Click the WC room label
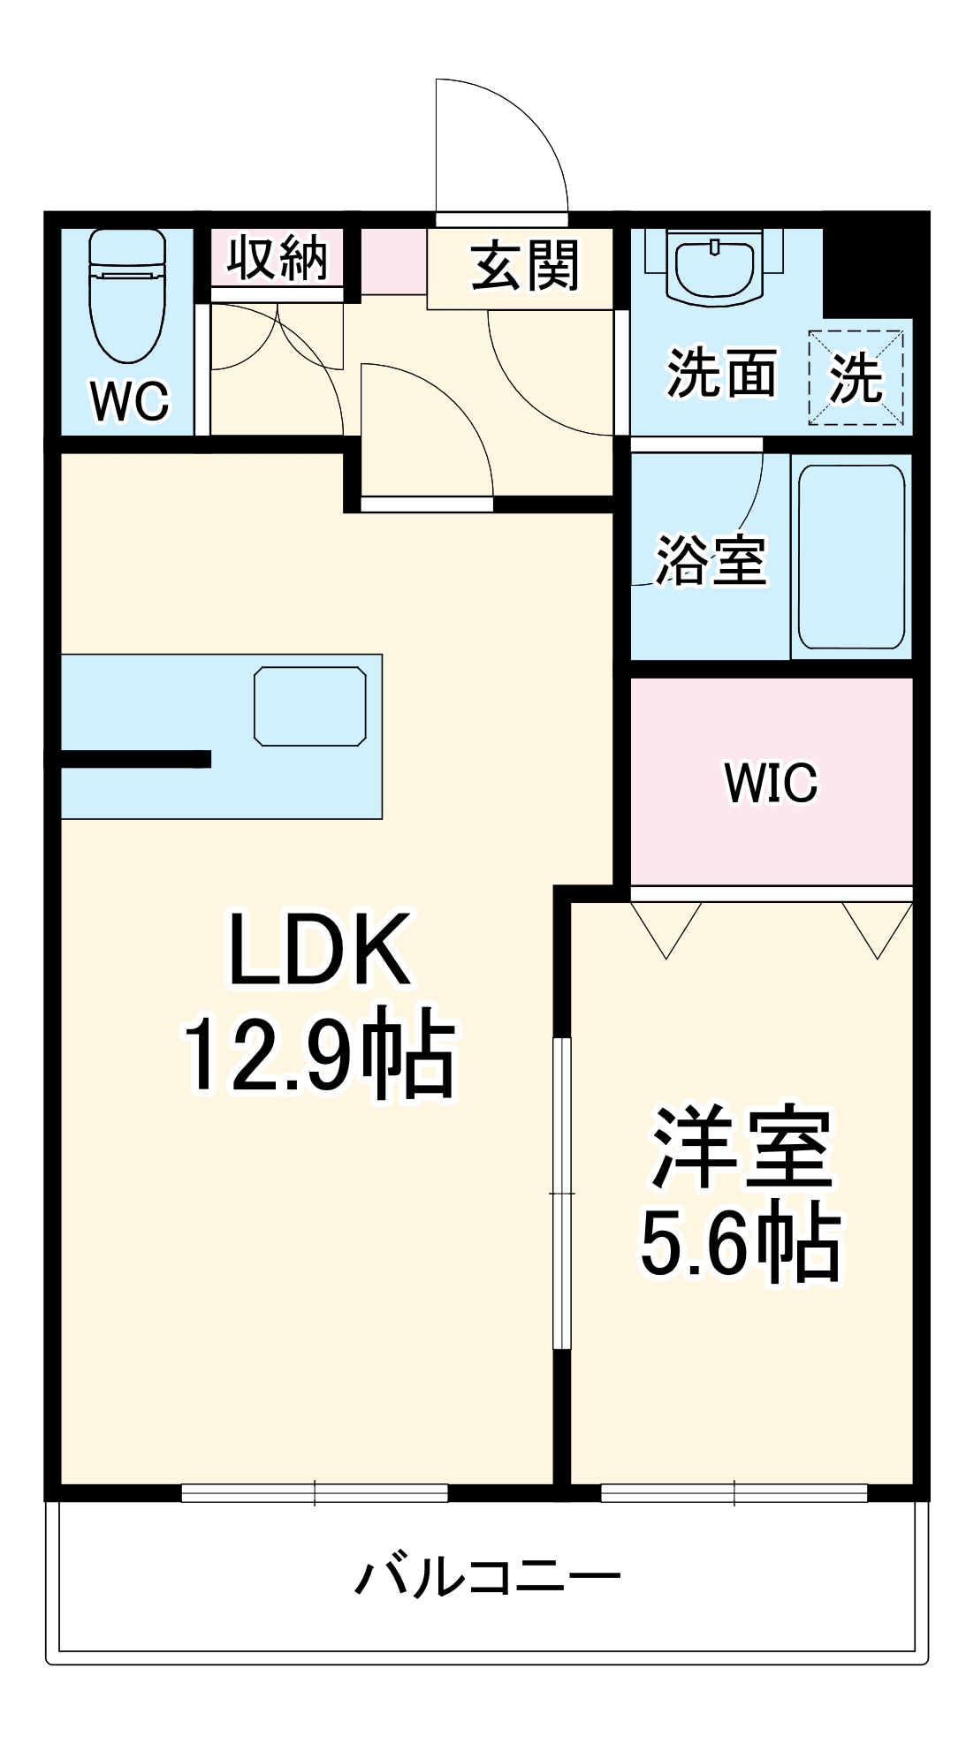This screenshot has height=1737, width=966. [129, 401]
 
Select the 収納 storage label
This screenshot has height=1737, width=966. [277, 258]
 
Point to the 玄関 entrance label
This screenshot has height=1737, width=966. [525, 265]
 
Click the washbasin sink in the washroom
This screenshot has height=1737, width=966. [714, 267]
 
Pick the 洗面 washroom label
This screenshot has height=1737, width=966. [721, 374]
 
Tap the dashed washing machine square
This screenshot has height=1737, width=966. [856, 378]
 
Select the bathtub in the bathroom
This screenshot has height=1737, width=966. [851, 557]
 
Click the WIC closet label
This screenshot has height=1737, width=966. [771, 782]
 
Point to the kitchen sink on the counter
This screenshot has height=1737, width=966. [309, 706]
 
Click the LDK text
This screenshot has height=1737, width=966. [320, 950]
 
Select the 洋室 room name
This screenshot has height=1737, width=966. [741, 1148]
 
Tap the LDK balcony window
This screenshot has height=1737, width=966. [315, 1492]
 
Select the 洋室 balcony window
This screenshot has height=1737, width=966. [734, 1492]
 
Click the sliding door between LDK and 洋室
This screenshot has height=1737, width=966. [562, 1193]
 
